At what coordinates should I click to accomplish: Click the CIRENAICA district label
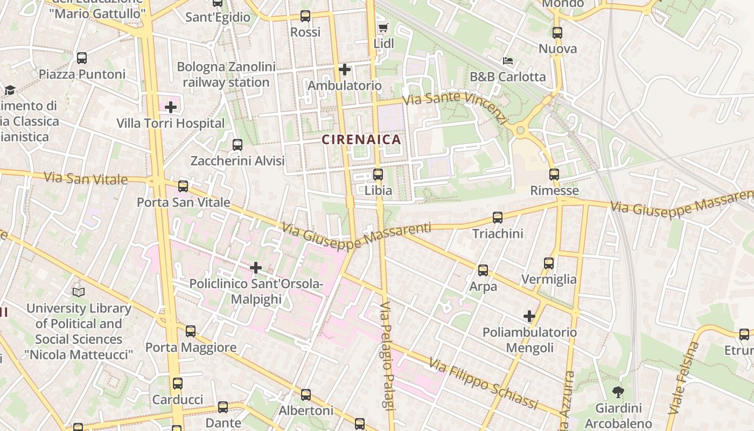tap(361, 140)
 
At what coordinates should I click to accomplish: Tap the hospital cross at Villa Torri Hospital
tap(171, 107)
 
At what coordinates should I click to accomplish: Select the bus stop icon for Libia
tap(378, 175)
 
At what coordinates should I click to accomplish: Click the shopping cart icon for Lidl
tap(383, 27)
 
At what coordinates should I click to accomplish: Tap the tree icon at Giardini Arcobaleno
tap(618, 392)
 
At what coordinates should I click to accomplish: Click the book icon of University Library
tap(79, 292)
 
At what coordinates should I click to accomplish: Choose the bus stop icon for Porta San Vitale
tap(183, 186)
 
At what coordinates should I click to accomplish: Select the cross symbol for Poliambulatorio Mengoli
tap(529, 316)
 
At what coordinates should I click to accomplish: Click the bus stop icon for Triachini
tap(498, 218)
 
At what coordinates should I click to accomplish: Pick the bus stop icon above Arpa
tap(483, 270)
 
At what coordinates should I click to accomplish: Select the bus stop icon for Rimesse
tap(554, 175)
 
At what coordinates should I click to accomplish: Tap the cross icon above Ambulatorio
tap(345, 69)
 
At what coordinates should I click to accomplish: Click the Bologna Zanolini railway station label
tap(226, 75)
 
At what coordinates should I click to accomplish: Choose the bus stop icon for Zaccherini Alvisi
tap(238, 145)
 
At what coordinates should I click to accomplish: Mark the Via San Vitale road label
tap(86, 178)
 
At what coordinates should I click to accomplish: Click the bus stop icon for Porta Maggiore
tap(191, 331)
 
